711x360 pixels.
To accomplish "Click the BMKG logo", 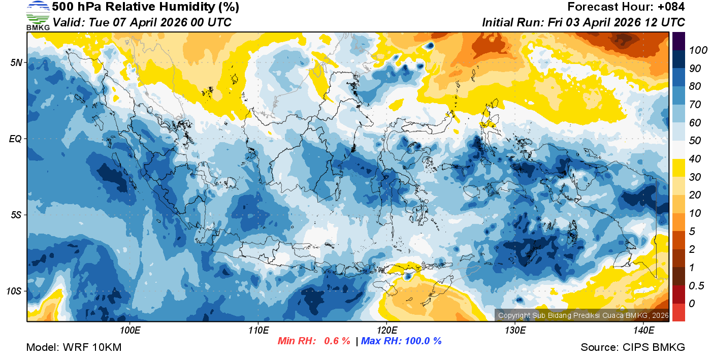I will coord(38,16).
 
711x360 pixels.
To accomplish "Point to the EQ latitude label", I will coord(15,139).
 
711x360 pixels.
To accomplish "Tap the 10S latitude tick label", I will coord(14,291).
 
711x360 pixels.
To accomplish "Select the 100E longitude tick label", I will coord(130,331).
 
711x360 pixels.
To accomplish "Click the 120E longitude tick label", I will coord(386,331).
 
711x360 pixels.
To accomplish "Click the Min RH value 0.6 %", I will coord(337,341).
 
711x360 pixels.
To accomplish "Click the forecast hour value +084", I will coord(670,7).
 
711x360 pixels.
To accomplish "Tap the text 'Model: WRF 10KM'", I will coord(74,347).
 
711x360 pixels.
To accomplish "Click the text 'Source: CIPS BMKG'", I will coord(633,347).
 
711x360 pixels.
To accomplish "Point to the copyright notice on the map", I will coord(582,315).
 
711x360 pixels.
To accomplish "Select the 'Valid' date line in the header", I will coord(142,22).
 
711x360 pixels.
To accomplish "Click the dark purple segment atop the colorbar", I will coord(678,41).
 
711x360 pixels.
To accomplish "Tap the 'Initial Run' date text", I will coord(583,22).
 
